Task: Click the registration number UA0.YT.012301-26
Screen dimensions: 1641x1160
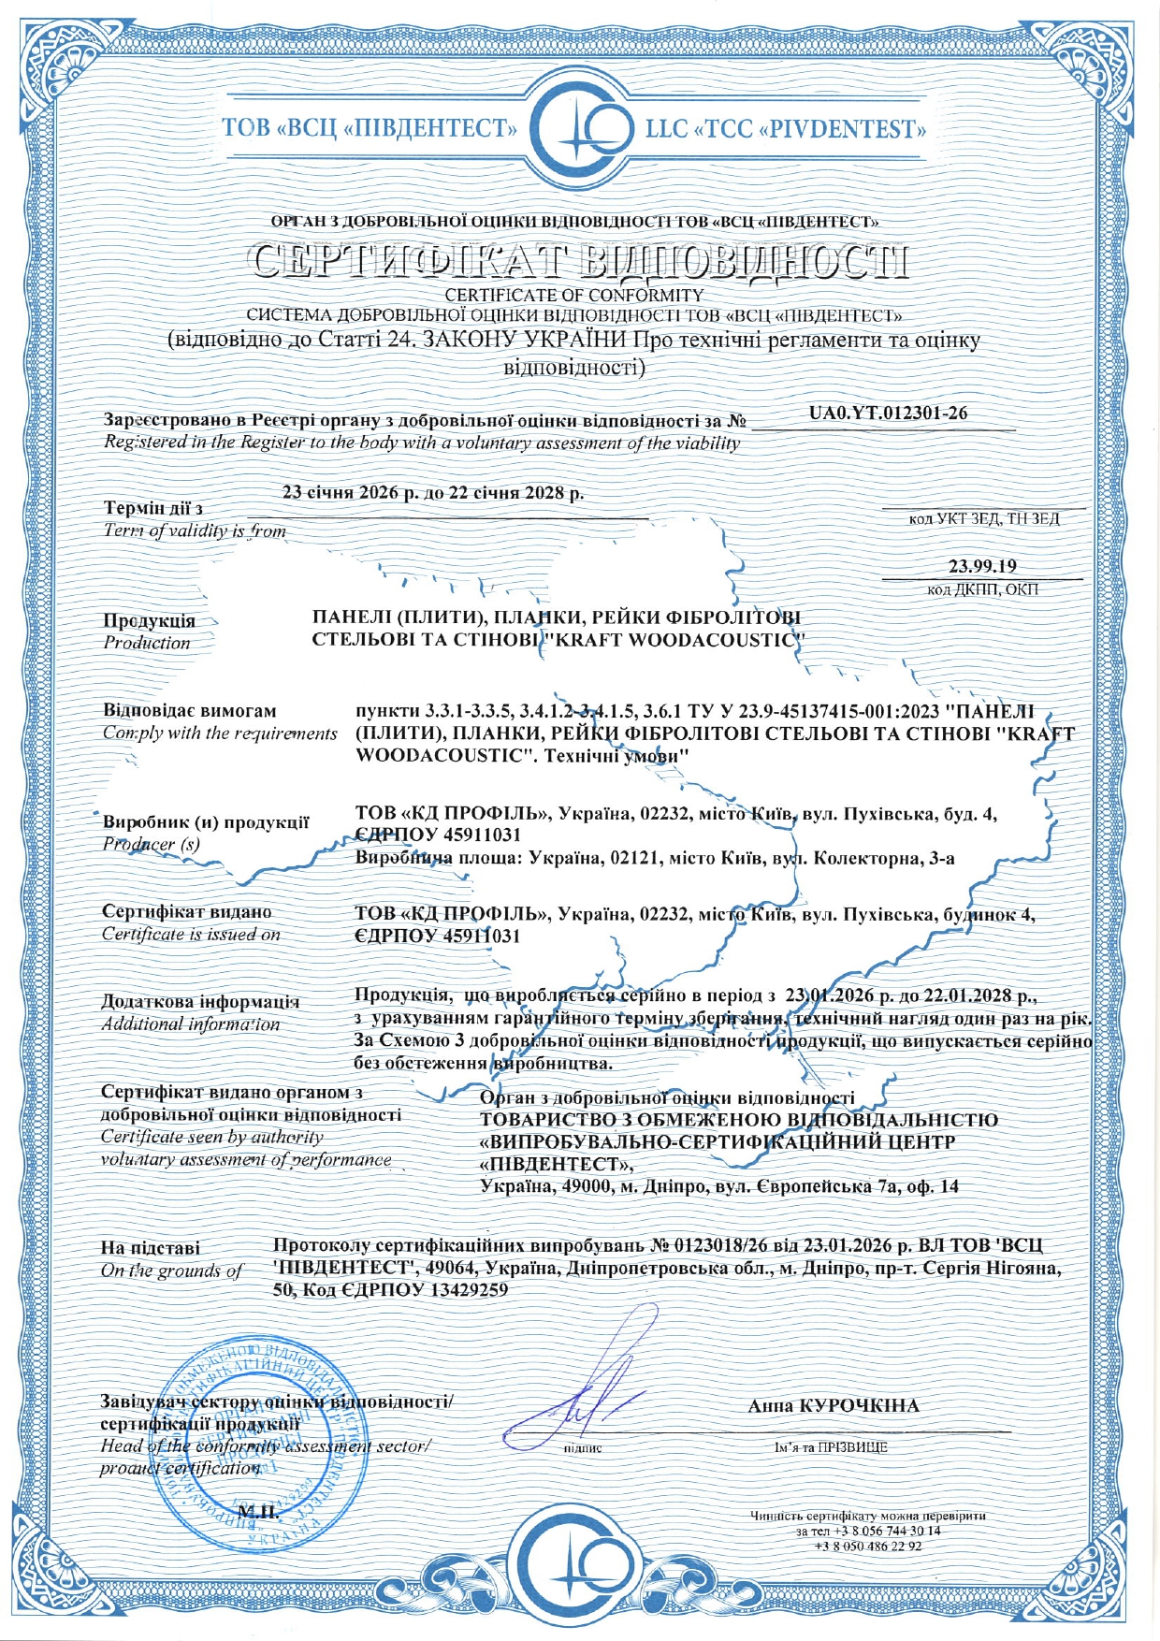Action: coord(888,413)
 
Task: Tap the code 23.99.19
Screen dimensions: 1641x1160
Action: coord(982,566)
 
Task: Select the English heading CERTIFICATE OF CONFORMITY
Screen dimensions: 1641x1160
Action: coord(574,296)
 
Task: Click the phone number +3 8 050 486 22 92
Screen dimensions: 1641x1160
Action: coord(868,1547)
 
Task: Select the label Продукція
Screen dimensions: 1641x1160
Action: coord(150,620)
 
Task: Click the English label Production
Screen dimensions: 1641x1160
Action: coord(147,643)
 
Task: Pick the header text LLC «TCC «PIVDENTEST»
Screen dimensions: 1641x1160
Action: coord(786,128)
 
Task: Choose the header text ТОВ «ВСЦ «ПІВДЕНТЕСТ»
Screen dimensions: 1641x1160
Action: coord(370,128)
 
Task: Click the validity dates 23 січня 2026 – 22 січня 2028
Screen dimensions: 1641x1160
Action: coord(433,493)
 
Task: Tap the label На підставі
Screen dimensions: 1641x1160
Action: coord(151,1248)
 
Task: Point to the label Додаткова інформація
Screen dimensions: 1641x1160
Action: coord(200,1001)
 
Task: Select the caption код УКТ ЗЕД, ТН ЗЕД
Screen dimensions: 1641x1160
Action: coord(984,519)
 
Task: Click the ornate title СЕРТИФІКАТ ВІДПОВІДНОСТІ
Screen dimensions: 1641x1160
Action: coord(580,263)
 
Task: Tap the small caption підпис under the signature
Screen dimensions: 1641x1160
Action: coord(583,1448)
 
